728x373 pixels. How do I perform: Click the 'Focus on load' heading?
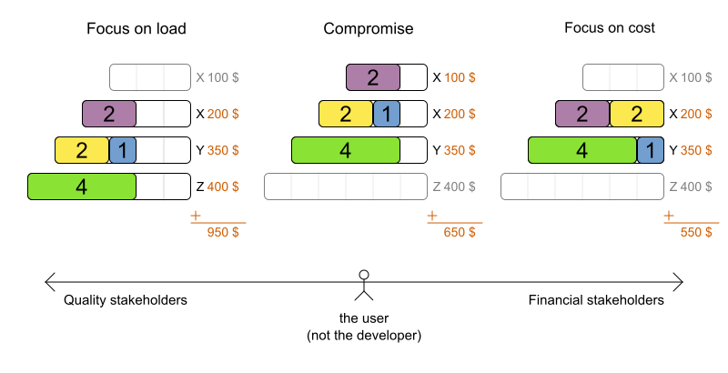[x=136, y=28]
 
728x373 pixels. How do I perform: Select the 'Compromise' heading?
[x=369, y=28]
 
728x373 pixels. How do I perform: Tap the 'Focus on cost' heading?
[x=609, y=28]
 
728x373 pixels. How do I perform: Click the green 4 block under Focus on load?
[x=82, y=186]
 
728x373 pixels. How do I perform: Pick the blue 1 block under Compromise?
[x=387, y=114]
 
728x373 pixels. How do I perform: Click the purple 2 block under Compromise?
[x=373, y=77]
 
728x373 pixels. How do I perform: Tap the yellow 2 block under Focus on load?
[x=82, y=150]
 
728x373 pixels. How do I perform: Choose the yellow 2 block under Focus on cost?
[x=637, y=114]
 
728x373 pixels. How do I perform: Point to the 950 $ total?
[x=218, y=232]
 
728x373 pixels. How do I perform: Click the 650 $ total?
[x=455, y=232]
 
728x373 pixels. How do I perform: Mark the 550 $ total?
[x=692, y=232]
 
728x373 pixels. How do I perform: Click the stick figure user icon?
[x=364, y=285]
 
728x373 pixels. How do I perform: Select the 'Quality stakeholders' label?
[x=126, y=300]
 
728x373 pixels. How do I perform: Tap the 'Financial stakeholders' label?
[x=596, y=300]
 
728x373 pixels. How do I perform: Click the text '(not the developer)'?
[x=364, y=335]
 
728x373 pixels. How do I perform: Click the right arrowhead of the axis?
[x=679, y=281]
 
